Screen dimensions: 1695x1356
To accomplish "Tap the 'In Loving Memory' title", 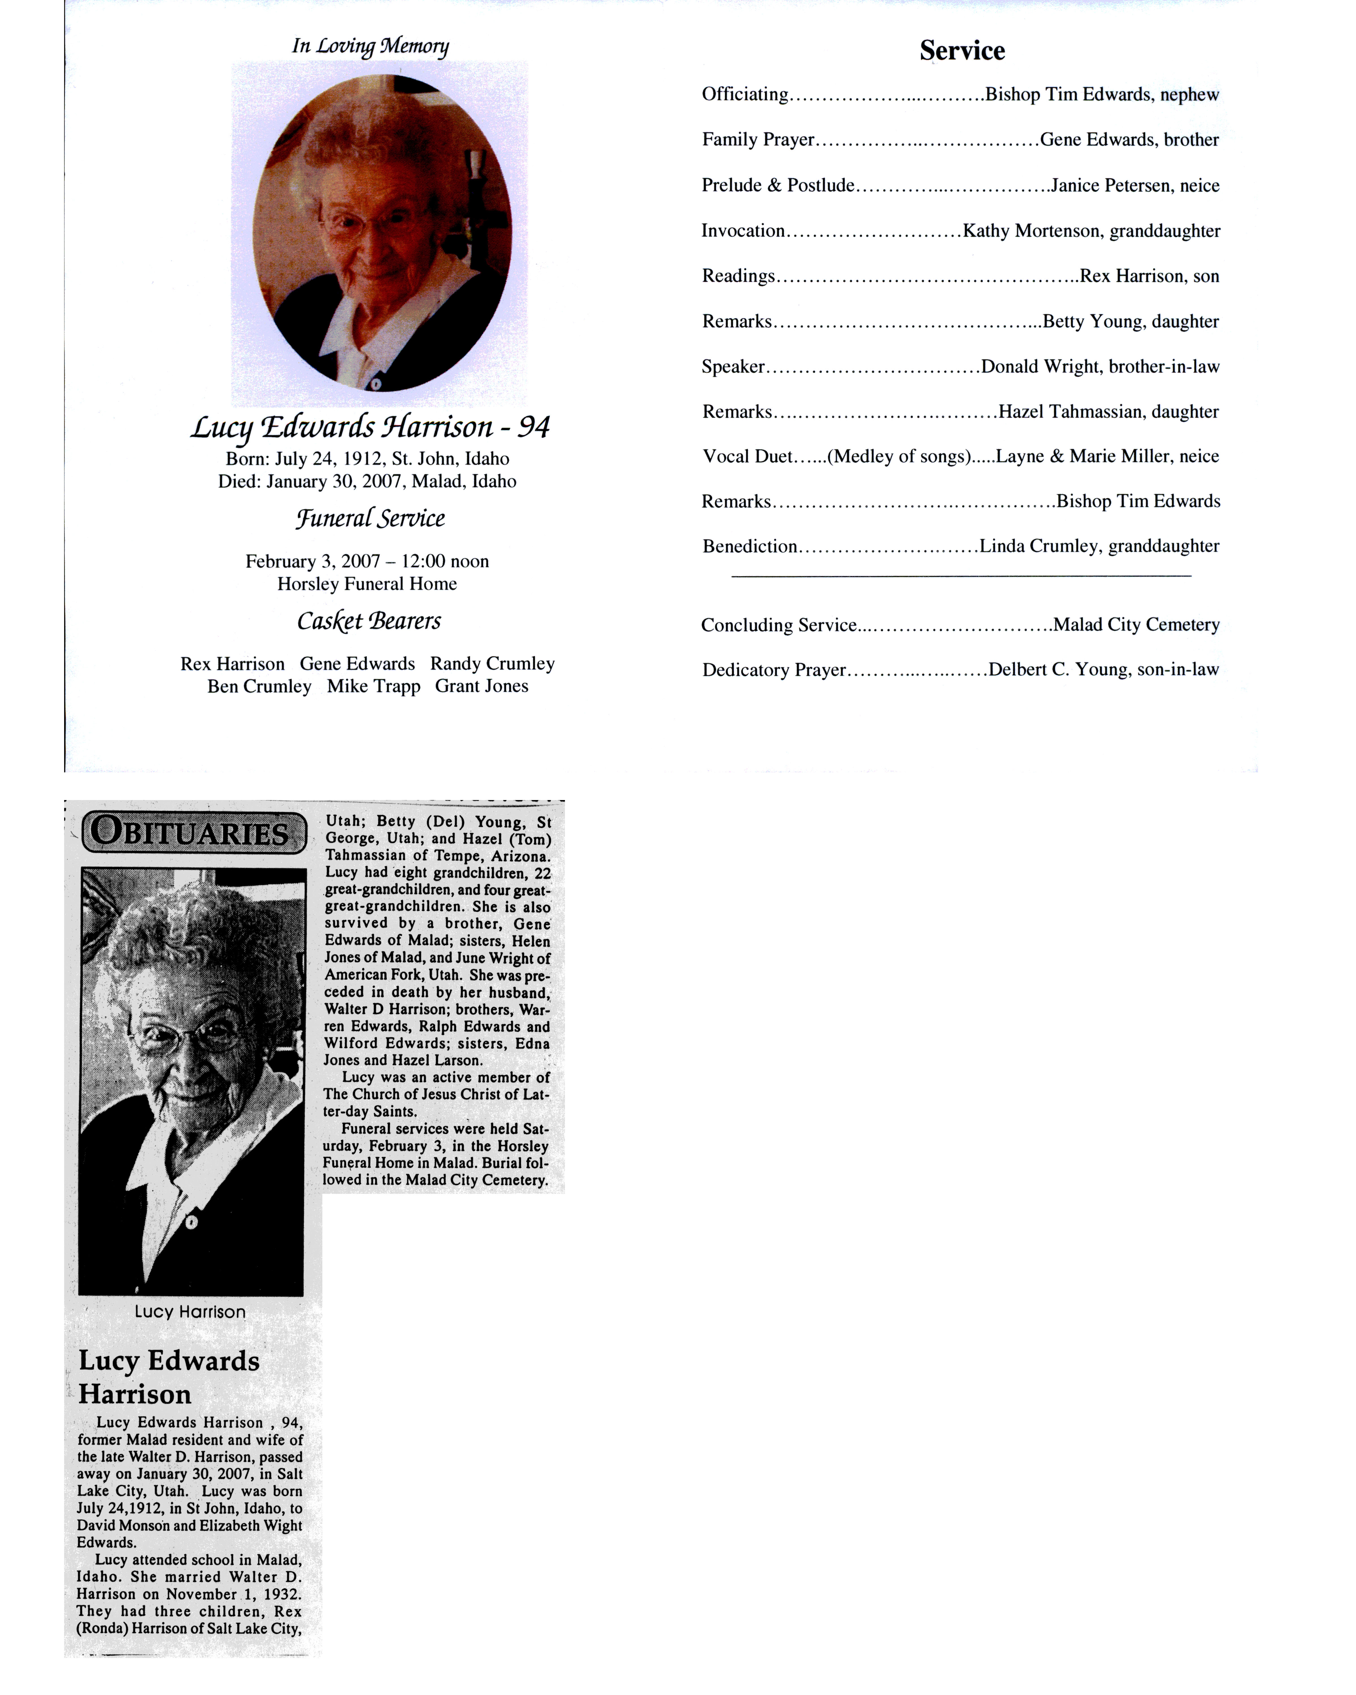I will click(370, 46).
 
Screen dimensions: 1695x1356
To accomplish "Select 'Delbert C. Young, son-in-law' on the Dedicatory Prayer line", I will click(1103, 670).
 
